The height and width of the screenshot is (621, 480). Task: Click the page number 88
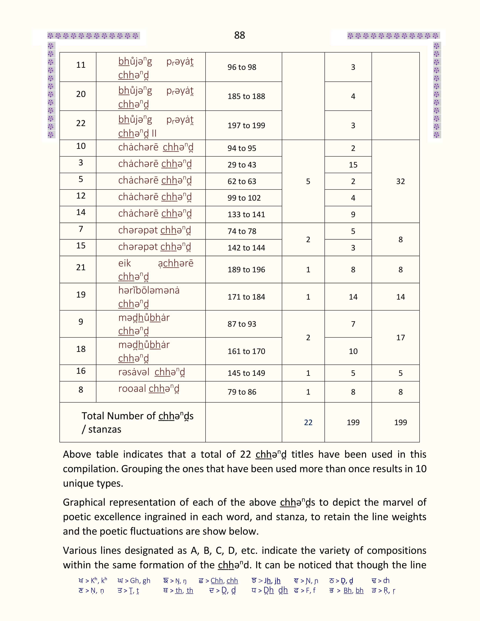(x=239, y=35)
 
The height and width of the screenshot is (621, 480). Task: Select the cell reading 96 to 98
(x=242, y=67)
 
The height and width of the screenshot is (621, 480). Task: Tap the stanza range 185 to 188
(x=246, y=96)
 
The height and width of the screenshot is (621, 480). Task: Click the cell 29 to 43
(x=242, y=165)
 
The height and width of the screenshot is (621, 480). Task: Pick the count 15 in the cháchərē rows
(x=353, y=165)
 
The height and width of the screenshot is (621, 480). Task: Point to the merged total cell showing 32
(x=400, y=181)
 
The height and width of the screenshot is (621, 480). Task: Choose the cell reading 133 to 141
(x=246, y=214)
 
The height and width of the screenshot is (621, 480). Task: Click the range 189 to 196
(x=246, y=269)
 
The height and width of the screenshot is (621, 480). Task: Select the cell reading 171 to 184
(x=246, y=297)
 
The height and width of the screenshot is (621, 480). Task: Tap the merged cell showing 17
(x=400, y=338)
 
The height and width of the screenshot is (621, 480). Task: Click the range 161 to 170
(x=246, y=351)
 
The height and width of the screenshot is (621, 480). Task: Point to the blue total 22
(x=308, y=422)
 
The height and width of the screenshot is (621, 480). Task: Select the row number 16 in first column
(x=81, y=371)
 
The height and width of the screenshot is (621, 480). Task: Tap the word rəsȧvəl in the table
(x=134, y=372)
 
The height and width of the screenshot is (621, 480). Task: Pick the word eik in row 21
(x=125, y=263)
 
